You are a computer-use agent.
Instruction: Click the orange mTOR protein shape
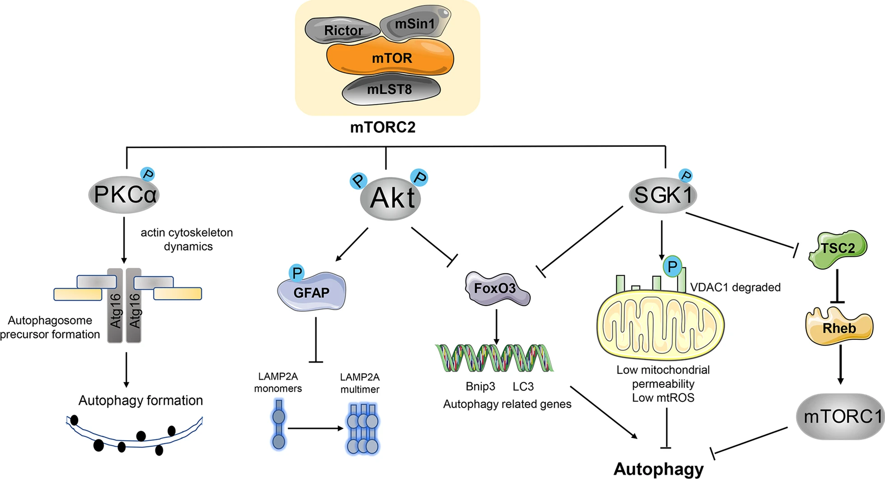pos(390,57)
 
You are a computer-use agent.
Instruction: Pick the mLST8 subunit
pos(391,89)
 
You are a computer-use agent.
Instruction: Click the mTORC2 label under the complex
pos(383,127)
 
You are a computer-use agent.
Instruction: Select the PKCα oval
pos(124,195)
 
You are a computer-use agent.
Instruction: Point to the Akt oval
pos(391,198)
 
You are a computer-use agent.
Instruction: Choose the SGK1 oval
pos(663,195)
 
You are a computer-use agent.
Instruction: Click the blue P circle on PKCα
pos(148,174)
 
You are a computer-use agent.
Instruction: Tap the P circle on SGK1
pos(685,176)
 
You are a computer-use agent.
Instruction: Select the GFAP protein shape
pos(312,291)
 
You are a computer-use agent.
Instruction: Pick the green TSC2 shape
pos(838,249)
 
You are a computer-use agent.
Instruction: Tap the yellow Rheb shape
pos(839,326)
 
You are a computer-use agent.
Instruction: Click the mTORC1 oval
pos(840,416)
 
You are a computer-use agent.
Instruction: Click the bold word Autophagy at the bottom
pos(658,469)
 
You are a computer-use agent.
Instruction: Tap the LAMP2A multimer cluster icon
pos(363,429)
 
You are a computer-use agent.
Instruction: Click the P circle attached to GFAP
pos(297,272)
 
